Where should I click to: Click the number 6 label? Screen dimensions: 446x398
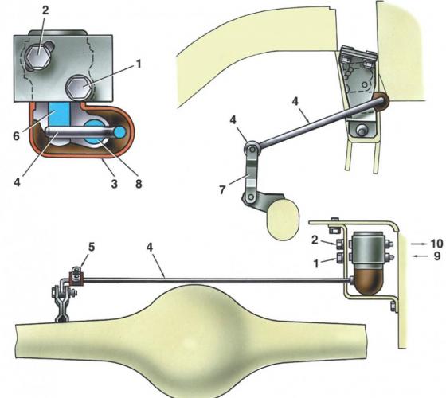(x=17, y=136)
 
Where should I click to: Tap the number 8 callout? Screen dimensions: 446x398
(x=139, y=184)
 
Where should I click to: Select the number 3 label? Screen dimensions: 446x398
(x=114, y=184)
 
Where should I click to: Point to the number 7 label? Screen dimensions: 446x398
(x=223, y=190)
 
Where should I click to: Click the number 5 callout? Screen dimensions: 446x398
(x=91, y=247)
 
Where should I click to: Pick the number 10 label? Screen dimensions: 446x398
(x=436, y=244)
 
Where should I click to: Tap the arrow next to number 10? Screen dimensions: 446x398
(x=420, y=244)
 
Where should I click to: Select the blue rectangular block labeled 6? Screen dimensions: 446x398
(x=59, y=113)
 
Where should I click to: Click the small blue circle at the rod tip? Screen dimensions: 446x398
(x=120, y=131)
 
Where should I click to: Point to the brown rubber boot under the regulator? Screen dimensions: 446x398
(x=368, y=283)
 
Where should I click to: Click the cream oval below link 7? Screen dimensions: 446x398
(x=284, y=220)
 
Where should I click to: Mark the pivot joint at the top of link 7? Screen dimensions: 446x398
(x=252, y=148)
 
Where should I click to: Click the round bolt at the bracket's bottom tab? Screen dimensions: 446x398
(x=362, y=131)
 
